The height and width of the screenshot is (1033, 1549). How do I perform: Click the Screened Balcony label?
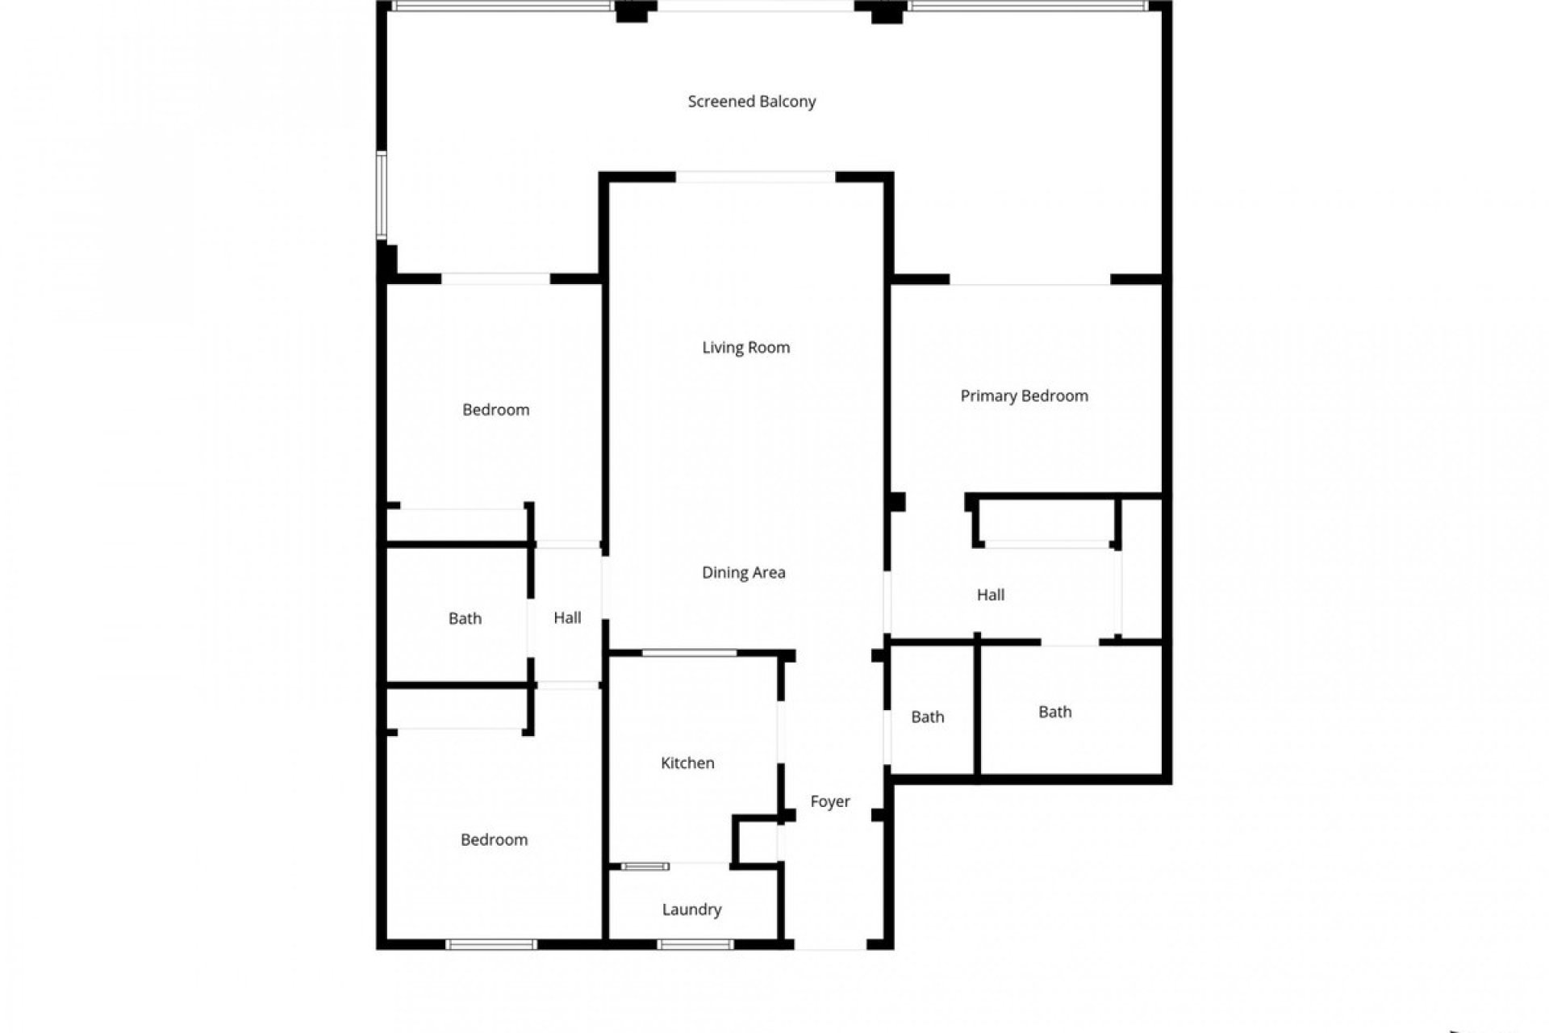click(751, 102)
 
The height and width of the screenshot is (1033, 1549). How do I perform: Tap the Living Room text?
click(745, 348)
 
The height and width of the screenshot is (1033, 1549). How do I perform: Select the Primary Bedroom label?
click(1024, 396)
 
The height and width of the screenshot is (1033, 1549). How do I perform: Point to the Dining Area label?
click(743, 573)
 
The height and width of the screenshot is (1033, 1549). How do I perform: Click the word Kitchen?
click(687, 763)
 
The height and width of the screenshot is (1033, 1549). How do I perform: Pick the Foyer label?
click(830, 801)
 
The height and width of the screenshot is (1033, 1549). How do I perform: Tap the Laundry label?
click(691, 910)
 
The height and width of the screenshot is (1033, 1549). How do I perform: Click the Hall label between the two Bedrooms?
click(567, 618)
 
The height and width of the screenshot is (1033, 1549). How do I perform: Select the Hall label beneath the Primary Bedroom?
click(991, 596)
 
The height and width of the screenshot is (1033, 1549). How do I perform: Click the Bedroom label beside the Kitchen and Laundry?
click(494, 840)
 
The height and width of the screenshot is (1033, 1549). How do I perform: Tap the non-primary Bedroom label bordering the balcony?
click(495, 410)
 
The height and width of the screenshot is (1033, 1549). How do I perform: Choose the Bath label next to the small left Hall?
click(465, 619)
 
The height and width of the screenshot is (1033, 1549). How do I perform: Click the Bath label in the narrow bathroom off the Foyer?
click(927, 717)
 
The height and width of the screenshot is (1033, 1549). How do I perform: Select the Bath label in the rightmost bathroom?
click(1054, 713)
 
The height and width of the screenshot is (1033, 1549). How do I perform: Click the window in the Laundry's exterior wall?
click(695, 944)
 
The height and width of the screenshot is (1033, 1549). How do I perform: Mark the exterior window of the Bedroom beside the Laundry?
click(491, 944)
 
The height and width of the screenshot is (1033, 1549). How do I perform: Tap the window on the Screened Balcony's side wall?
click(382, 195)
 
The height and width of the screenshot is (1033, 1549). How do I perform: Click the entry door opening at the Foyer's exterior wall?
click(831, 944)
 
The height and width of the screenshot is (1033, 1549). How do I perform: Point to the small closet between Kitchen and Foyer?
click(758, 842)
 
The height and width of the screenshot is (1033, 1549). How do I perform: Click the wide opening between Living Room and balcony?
click(755, 177)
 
